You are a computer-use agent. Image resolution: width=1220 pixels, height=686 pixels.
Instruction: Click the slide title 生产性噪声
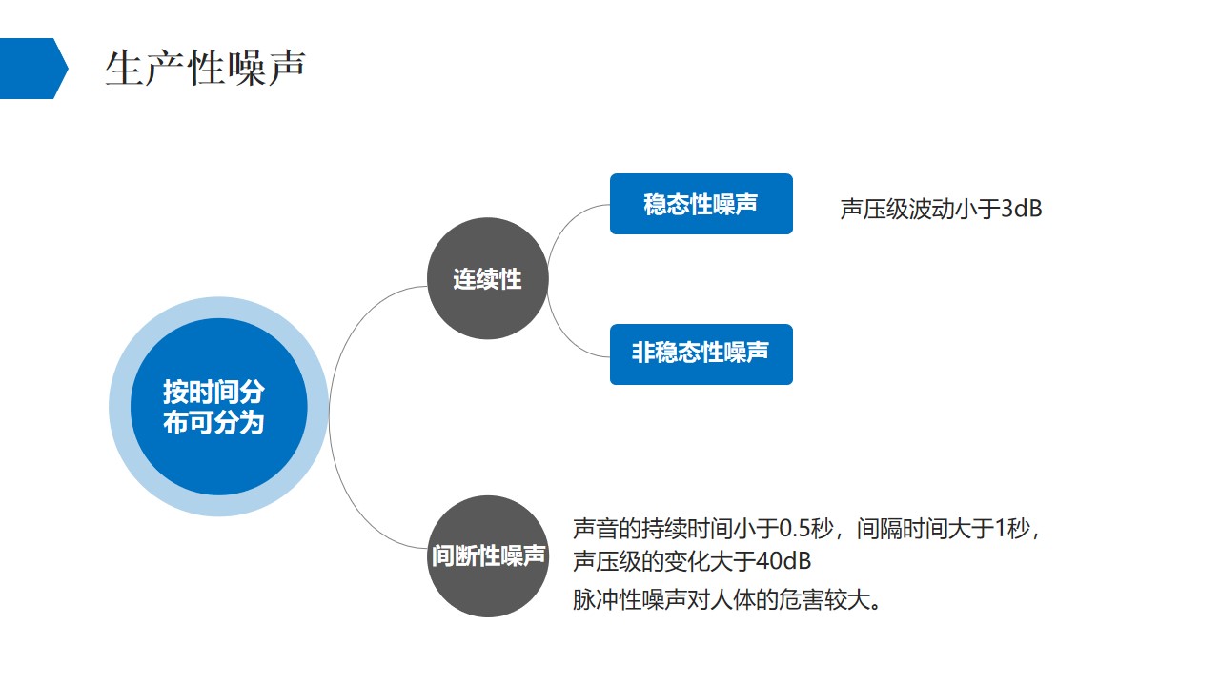205,69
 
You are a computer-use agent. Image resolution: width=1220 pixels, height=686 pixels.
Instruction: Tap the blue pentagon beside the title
31,69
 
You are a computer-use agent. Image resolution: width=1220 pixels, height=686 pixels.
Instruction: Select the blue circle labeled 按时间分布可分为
218,407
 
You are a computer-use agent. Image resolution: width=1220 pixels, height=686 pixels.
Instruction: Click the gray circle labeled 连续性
487,278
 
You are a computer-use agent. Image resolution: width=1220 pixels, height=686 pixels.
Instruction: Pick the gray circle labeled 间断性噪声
487,555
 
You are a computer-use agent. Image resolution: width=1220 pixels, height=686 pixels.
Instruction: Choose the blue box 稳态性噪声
701,204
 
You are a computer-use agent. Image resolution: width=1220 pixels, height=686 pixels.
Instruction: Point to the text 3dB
1021,210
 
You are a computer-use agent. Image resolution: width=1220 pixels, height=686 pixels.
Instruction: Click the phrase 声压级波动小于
920,210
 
